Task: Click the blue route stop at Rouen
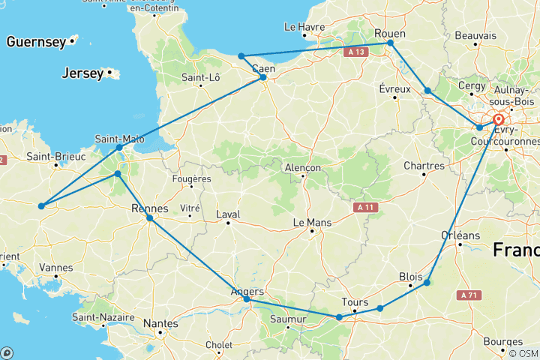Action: pyautogui.click(x=391, y=43)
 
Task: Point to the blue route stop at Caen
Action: pyautogui.click(x=262, y=77)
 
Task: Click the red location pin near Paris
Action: pyautogui.click(x=498, y=120)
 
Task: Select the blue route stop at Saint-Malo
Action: pyautogui.click(x=119, y=147)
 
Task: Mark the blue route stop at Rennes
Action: pyautogui.click(x=150, y=218)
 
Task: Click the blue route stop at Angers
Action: pyautogui.click(x=247, y=299)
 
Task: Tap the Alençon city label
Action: pyautogui.click(x=303, y=167)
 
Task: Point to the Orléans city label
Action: pyautogui.click(x=460, y=235)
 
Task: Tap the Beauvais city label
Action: pyautogui.click(x=475, y=35)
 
